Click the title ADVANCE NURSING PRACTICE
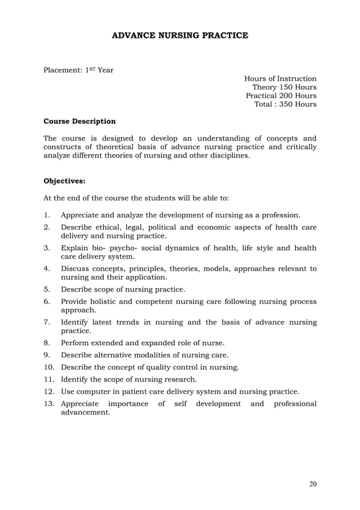180,36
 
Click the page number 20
312,484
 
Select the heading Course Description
80,121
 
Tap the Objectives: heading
65,182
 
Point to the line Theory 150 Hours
284,88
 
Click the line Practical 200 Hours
281,96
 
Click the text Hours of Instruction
280,79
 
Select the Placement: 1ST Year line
79,71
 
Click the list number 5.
47,290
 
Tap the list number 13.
50,404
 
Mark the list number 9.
47,355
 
